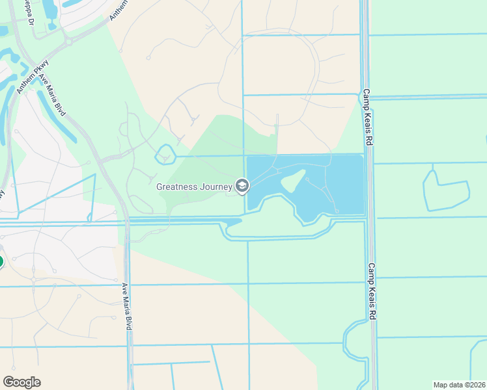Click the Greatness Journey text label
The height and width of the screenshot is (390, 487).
[194, 187]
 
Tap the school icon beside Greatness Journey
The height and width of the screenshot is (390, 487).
[242, 187]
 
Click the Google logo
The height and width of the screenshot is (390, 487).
[21, 382]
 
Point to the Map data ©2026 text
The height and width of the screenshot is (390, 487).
[460, 385]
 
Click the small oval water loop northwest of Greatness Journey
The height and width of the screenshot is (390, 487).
[165, 155]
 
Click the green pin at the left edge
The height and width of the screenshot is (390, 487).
[1, 262]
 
